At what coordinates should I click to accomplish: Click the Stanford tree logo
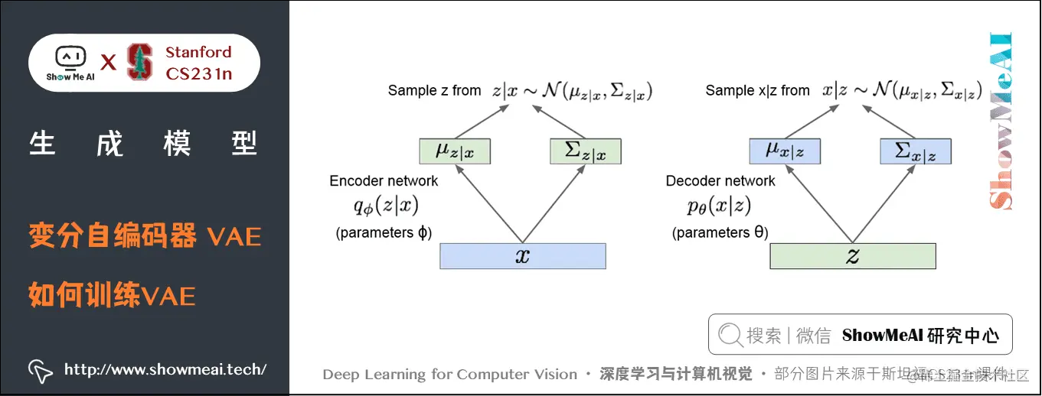[139, 63]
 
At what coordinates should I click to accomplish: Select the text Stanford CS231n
[198, 63]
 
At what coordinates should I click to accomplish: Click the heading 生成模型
[144, 144]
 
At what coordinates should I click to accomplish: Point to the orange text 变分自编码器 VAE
[145, 236]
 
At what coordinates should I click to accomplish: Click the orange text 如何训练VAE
[112, 294]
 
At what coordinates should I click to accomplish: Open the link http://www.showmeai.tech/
[165, 370]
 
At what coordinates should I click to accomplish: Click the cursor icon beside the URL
[40, 371]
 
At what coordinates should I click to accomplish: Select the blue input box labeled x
[522, 256]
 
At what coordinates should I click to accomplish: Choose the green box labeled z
[852, 256]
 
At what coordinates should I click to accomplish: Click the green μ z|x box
[455, 151]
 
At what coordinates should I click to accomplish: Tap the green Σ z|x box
[585, 151]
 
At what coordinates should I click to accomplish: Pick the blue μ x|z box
[785, 151]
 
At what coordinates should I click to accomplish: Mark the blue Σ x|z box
[916, 151]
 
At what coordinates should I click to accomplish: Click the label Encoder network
[384, 181]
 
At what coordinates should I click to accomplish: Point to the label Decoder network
[720, 181]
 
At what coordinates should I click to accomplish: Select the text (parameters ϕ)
[384, 232]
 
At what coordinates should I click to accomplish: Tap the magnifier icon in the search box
[730, 335]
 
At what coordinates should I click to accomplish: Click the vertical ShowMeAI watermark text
[1001, 122]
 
